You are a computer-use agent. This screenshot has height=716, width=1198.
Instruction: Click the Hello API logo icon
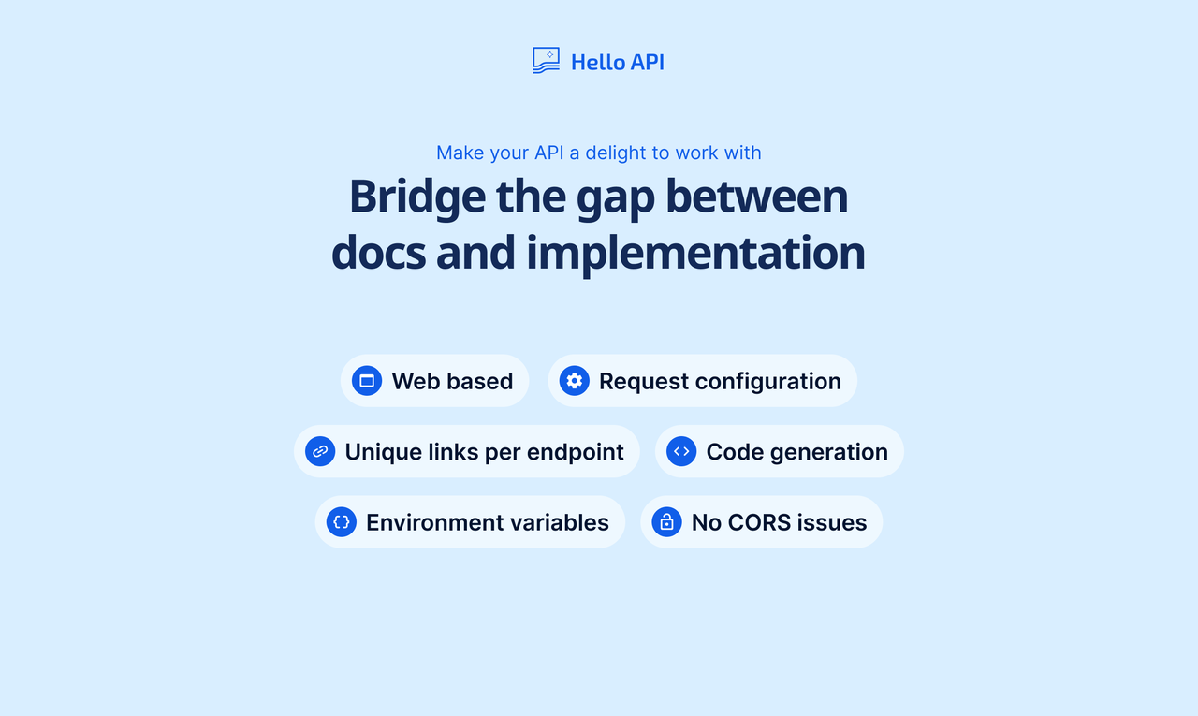[546, 61]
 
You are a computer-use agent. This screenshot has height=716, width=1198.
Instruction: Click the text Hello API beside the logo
[618, 62]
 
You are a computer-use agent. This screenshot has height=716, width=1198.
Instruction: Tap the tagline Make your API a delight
[598, 153]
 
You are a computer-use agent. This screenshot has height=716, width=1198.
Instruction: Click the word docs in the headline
[378, 253]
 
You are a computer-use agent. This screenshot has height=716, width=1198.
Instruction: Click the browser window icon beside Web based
[367, 381]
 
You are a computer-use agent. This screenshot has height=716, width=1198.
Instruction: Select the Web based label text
[452, 381]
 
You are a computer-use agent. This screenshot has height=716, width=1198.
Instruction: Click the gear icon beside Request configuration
[574, 381]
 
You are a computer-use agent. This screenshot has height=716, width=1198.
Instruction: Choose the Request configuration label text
[720, 381]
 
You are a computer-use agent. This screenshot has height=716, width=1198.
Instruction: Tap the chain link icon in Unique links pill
[320, 451]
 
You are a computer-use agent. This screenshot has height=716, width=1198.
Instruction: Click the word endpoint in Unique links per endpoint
[576, 452]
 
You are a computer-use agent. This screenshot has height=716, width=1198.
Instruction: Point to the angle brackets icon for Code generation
[681, 451]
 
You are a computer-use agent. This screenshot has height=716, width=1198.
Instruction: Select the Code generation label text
[796, 452]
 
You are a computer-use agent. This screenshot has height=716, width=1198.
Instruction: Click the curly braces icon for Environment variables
[341, 522]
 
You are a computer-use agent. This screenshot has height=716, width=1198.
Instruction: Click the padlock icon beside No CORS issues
[666, 522]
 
